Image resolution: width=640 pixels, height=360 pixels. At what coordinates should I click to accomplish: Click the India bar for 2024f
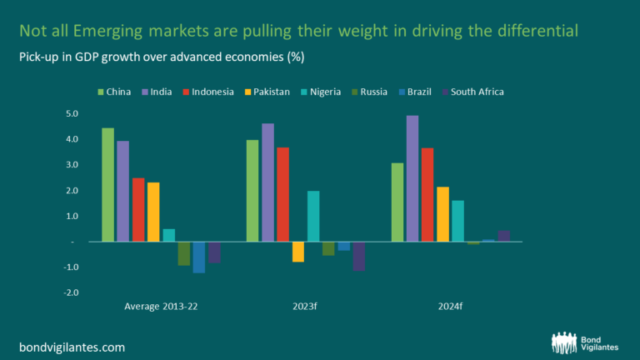[412, 178]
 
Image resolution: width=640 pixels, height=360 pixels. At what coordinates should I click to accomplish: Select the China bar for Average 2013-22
[107, 184]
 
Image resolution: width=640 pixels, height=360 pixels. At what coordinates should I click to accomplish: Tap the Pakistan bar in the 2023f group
[298, 252]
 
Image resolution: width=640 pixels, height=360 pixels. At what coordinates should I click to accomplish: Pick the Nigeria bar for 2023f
[313, 216]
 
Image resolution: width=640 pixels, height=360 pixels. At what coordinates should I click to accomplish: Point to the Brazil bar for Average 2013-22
[198, 257]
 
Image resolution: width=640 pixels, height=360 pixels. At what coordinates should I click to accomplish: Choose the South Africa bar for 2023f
[358, 256]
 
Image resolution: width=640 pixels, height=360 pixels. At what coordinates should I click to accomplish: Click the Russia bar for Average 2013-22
[183, 253]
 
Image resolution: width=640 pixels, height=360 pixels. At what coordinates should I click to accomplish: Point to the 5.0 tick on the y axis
[71, 113]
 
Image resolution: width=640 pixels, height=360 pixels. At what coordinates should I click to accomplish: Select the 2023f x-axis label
[305, 307]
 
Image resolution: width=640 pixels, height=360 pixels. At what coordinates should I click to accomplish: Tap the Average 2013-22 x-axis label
[161, 307]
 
